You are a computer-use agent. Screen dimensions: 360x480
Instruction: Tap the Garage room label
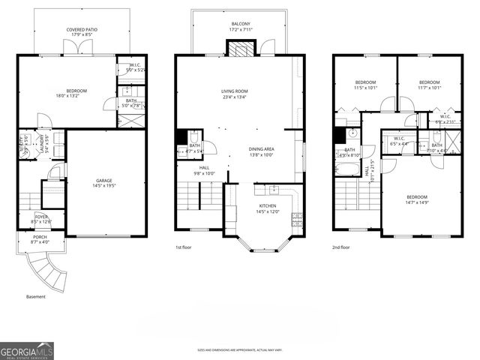[x=103, y=183]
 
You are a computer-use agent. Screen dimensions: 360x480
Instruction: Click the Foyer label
[x=41, y=218]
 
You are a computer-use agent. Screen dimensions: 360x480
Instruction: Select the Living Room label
[x=234, y=94]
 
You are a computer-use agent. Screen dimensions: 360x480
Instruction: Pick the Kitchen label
[x=268, y=208]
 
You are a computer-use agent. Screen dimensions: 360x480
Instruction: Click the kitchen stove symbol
[x=296, y=220]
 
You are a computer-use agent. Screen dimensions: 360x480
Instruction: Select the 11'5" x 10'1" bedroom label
[x=365, y=84]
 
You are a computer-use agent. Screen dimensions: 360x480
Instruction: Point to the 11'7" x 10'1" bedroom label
[x=429, y=84]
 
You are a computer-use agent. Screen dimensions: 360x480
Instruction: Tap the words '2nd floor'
[x=342, y=247]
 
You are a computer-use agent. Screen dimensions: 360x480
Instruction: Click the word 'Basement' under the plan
[x=36, y=296]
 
